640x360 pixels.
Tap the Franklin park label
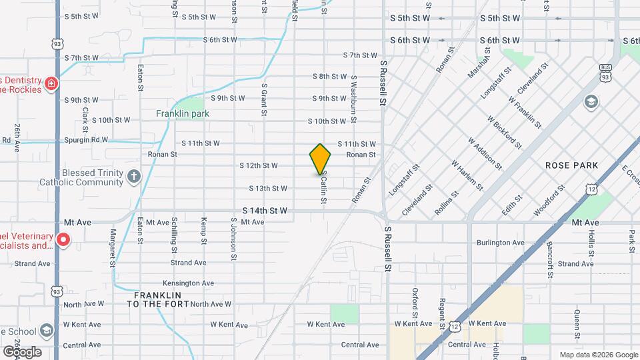coord(183,113)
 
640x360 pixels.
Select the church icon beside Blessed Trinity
coord(134,177)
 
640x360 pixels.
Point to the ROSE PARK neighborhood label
coord(571,165)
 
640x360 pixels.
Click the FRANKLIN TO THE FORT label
coord(158,299)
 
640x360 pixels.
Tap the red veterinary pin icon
coord(63,239)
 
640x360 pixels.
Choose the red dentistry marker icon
coord(51,84)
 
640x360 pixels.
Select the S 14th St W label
coord(265,211)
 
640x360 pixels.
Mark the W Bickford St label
coord(504,131)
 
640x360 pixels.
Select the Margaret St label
coord(113,247)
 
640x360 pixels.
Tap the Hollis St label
coord(591,243)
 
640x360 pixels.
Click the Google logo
coord(21,352)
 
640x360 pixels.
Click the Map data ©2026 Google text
coord(597,355)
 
